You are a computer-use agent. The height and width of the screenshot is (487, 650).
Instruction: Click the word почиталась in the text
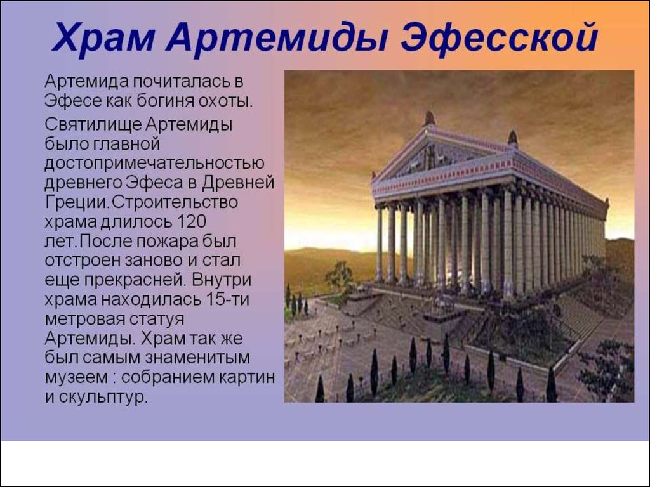tap(183, 81)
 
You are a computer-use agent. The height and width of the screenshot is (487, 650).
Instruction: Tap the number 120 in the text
tap(192, 222)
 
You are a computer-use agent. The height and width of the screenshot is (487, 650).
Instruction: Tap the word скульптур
tap(103, 398)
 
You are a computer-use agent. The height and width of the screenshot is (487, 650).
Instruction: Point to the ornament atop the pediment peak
tap(430, 119)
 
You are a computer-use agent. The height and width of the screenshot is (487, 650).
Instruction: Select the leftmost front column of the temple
tap(380, 244)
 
